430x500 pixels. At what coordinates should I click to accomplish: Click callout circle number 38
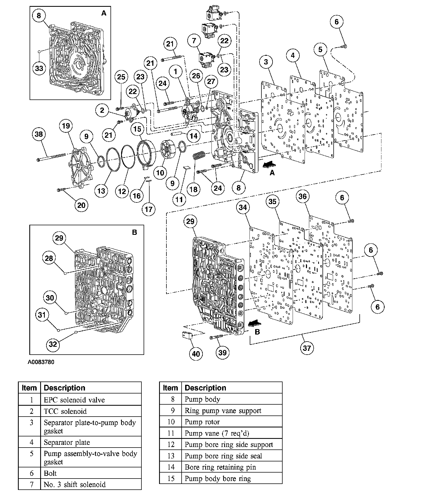39,134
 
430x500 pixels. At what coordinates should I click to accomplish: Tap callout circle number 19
66,126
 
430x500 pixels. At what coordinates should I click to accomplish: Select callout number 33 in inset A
39,68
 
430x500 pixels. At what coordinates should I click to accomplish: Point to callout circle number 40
196,354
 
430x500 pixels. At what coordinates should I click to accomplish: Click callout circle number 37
306,348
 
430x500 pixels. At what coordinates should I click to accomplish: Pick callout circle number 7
194,41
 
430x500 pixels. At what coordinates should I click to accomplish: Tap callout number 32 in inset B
53,344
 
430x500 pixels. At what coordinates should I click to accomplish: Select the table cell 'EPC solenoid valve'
74,400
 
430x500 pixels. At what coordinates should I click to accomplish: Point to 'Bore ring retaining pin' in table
220,467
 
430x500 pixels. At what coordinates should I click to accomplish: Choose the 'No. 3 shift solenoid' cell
75,485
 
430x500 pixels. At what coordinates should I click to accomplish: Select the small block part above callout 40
187,336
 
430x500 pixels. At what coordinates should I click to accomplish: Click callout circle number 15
138,129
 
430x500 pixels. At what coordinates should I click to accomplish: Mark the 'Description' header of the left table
64,388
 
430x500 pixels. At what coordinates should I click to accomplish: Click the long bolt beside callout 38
52,157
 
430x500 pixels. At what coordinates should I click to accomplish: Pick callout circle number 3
266,62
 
